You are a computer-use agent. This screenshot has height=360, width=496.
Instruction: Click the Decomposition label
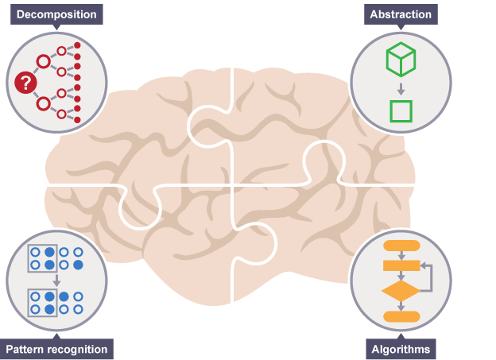[x=56, y=14]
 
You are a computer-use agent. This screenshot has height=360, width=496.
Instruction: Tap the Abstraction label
[x=401, y=14]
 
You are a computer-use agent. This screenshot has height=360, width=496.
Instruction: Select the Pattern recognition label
[x=56, y=349]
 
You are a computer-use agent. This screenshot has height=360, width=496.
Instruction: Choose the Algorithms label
[x=401, y=349]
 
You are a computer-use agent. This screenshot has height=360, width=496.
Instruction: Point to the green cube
[x=401, y=60]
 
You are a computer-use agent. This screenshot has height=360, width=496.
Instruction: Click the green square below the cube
[x=401, y=110]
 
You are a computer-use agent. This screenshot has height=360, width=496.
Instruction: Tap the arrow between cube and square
[x=401, y=87]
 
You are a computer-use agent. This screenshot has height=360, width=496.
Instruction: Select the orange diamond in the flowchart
[x=401, y=291]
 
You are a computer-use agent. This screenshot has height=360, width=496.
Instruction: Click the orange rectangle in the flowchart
[x=401, y=265]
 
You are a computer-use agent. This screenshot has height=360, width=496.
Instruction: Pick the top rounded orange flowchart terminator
[x=401, y=245]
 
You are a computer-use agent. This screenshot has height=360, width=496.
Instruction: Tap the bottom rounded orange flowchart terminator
[x=401, y=316]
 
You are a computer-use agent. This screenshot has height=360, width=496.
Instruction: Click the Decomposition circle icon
[x=56, y=82]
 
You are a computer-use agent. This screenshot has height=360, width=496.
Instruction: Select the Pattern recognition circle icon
[x=56, y=281]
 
